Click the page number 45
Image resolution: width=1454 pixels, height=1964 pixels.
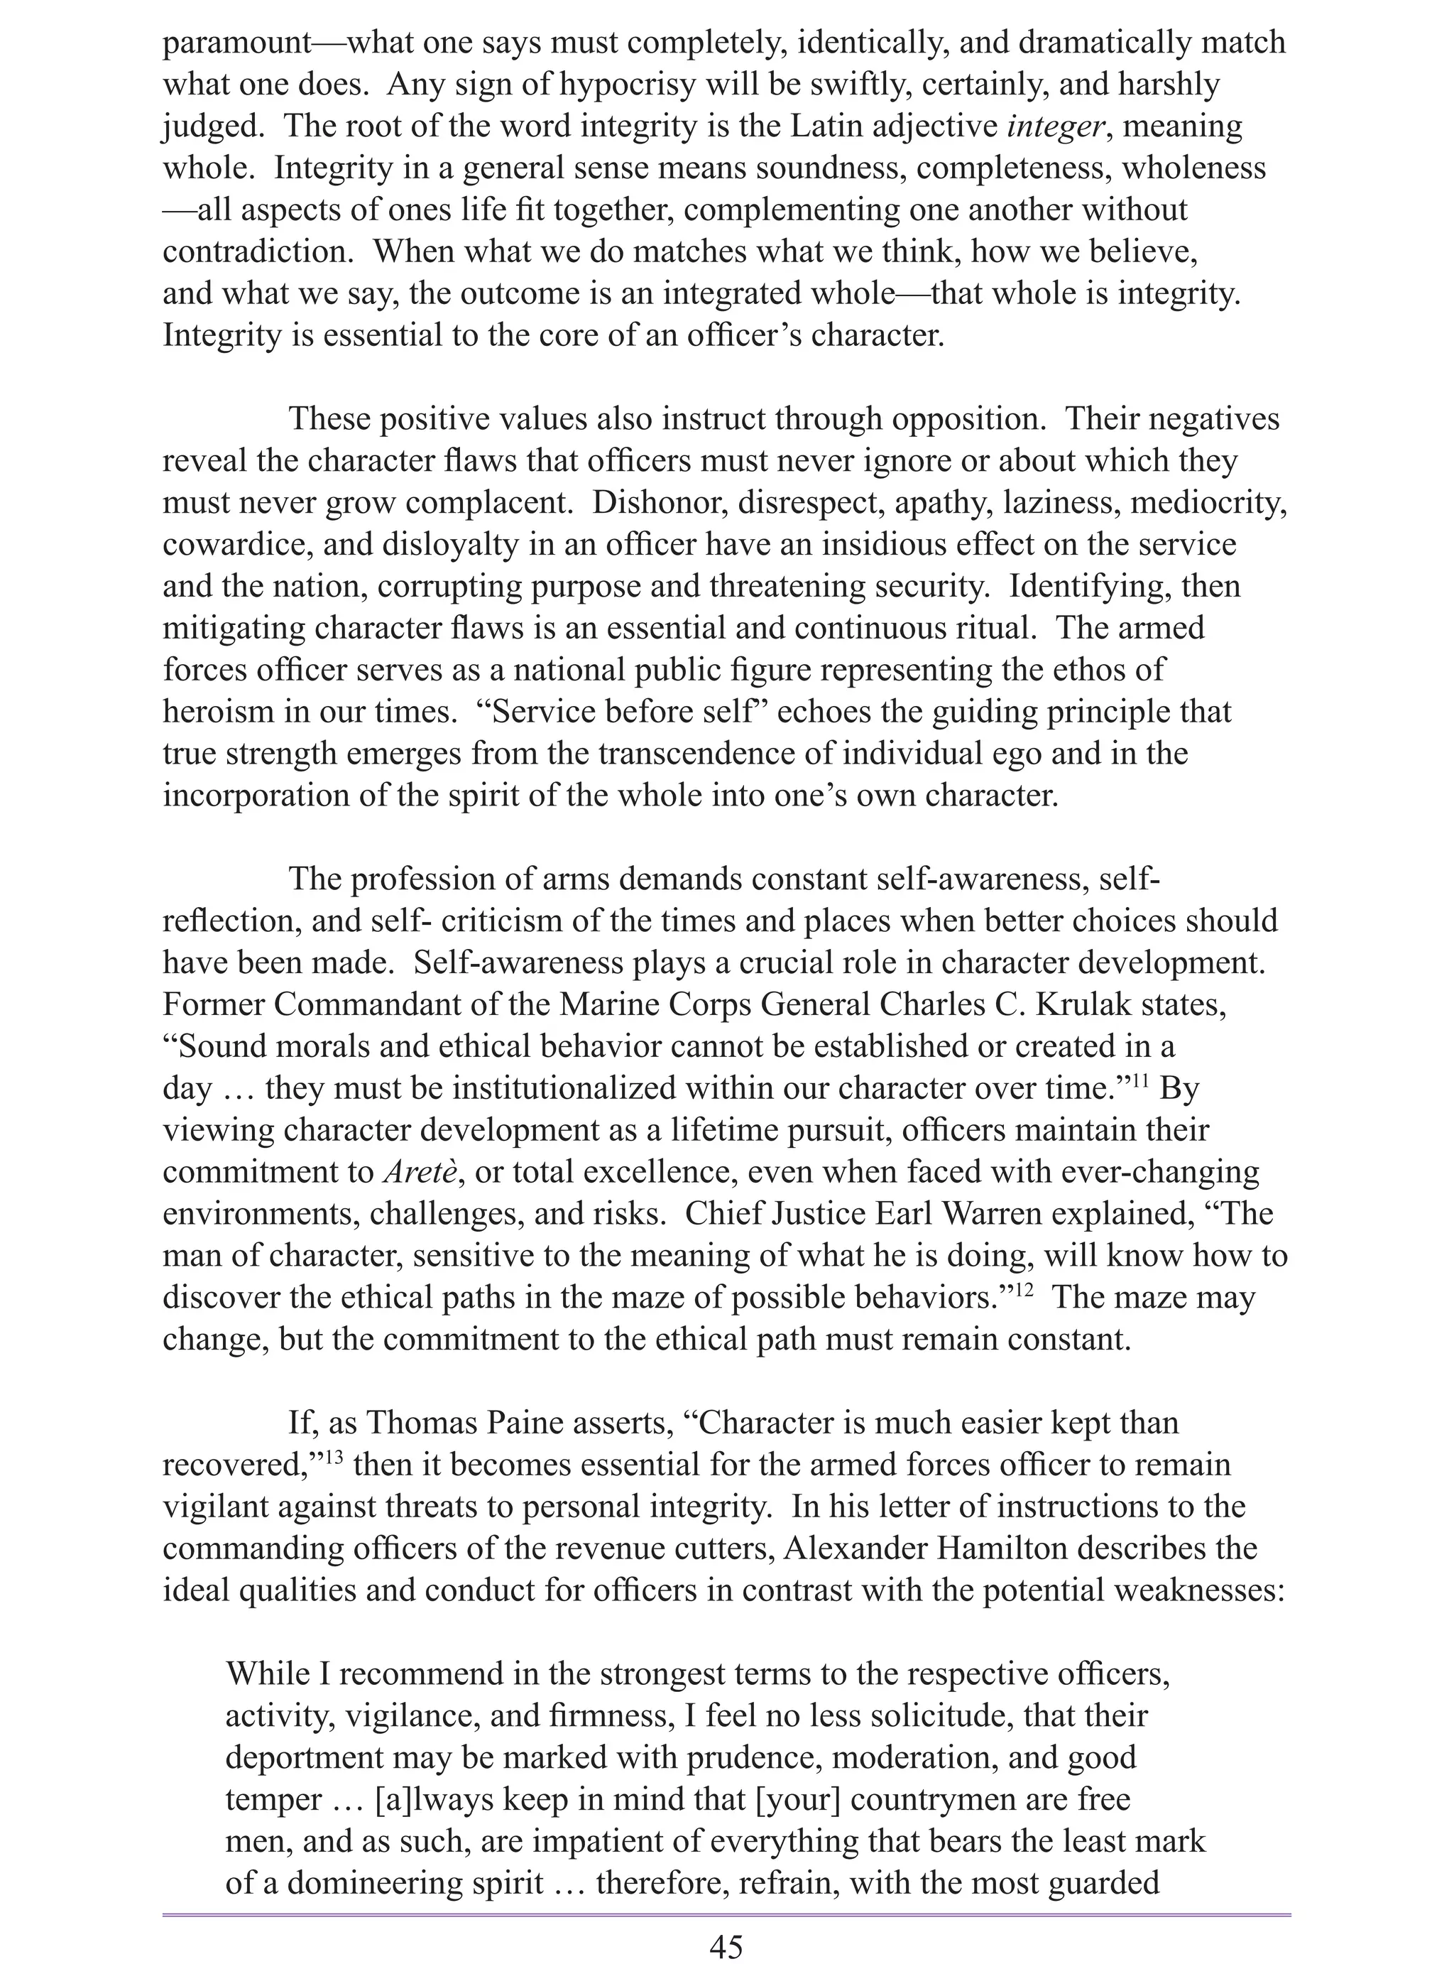pos(726,1939)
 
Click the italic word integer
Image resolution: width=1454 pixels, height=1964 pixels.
pos(1054,126)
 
